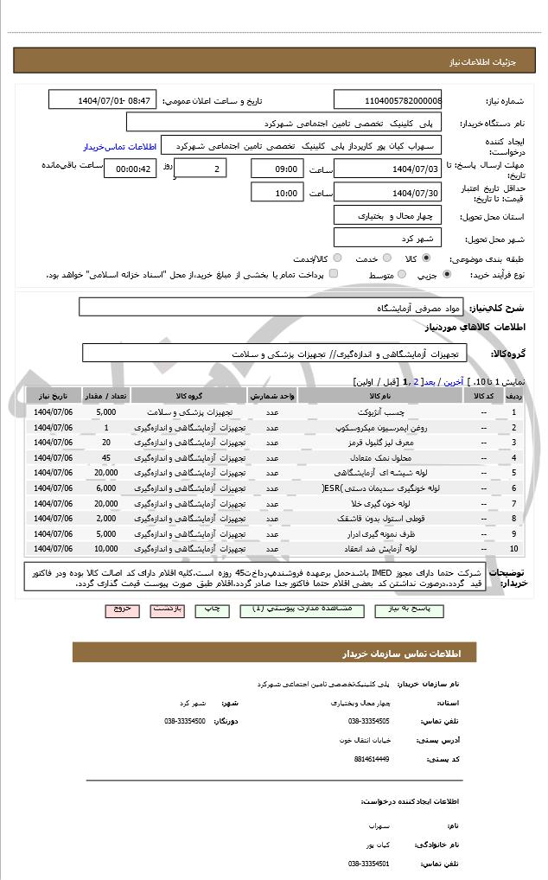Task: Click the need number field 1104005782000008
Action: (386, 100)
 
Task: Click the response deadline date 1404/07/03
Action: (386, 168)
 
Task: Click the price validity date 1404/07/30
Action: (386, 193)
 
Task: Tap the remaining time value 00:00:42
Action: (130, 168)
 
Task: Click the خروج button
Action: (122, 609)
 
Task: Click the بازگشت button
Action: (168, 609)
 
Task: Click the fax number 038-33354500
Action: (184, 720)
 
